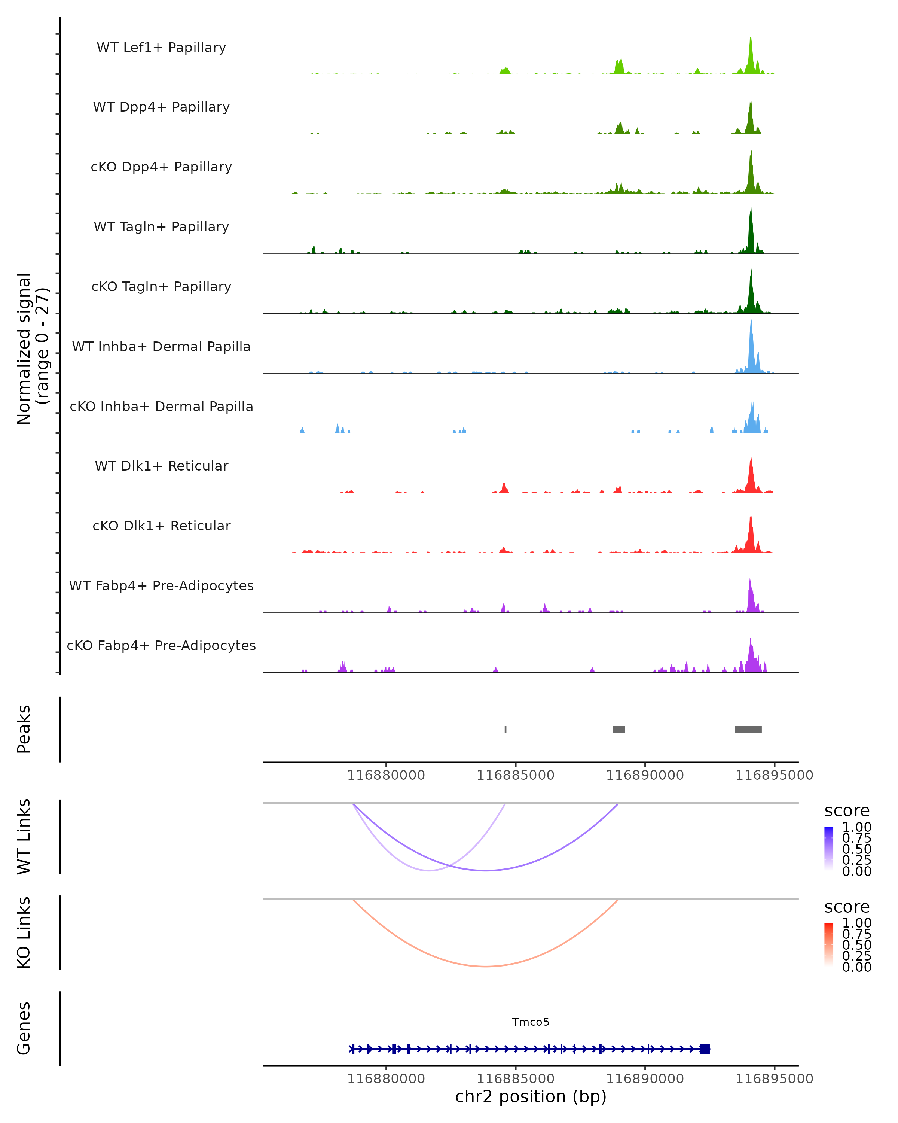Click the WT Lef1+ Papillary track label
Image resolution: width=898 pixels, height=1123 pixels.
coord(161,48)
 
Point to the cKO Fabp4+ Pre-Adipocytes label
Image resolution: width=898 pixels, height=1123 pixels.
coord(161,645)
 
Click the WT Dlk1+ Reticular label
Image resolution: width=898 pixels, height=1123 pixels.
coord(161,466)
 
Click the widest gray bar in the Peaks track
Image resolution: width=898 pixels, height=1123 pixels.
coord(748,729)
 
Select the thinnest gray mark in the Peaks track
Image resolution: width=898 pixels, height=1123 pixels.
coord(505,729)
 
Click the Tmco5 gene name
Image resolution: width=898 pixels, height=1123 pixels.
coord(531,1022)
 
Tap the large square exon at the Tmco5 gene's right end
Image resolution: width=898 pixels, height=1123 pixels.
coord(704,1049)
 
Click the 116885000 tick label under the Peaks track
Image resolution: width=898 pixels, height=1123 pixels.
coord(515,775)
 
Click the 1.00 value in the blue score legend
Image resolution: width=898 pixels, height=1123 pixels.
coord(856,827)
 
